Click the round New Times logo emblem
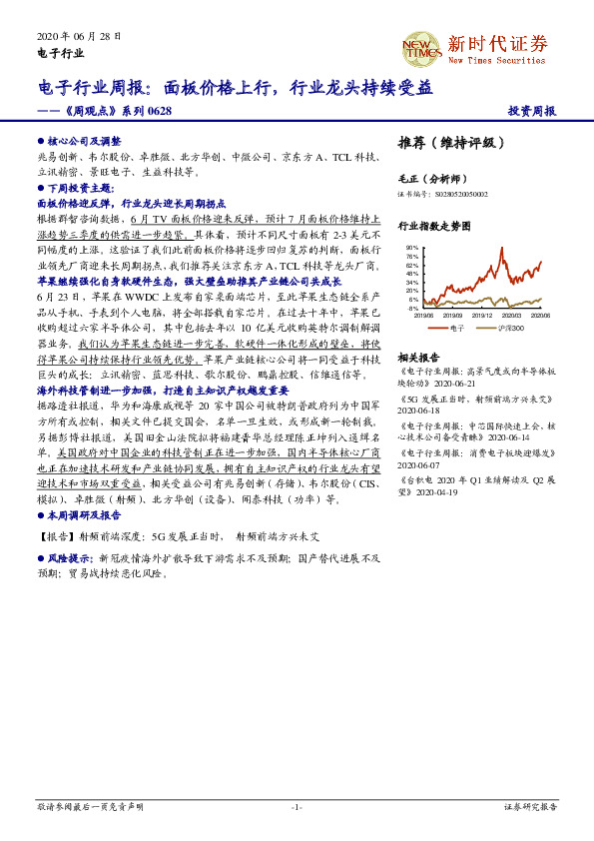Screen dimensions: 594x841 click(420, 47)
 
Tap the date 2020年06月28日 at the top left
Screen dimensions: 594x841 click(78, 36)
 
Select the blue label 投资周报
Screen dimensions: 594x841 click(531, 111)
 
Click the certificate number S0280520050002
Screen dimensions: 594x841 click(460, 194)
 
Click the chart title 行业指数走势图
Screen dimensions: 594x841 click(433, 227)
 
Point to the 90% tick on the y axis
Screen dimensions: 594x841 click(412, 247)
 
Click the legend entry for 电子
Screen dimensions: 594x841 click(451, 328)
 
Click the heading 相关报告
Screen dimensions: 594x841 click(418, 357)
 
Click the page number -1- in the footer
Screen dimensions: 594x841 click(297, 805)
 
